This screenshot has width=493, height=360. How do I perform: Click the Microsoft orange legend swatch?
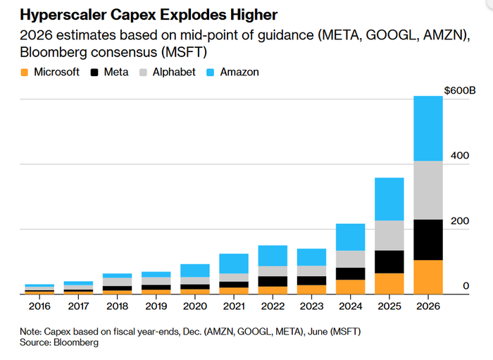coord(25,72)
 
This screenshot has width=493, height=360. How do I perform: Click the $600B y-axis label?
coord(460,91)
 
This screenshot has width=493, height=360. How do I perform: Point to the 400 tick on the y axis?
coord(461,155)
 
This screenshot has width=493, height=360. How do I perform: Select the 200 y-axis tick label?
coord(461,221)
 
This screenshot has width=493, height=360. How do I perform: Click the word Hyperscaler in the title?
coord(61,15)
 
